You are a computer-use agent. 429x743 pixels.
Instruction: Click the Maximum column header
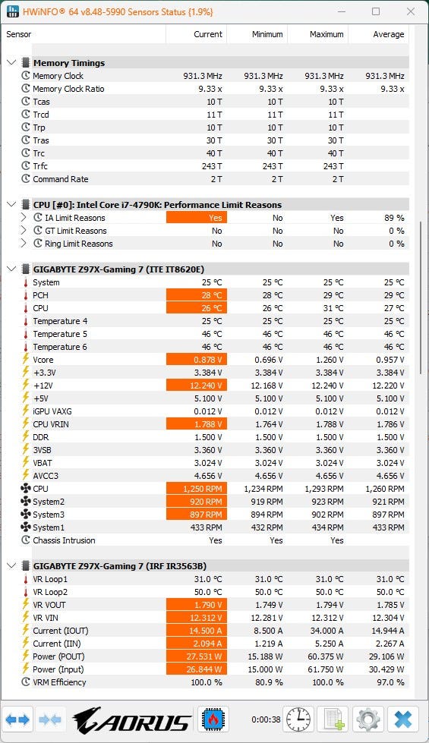coord(326,34)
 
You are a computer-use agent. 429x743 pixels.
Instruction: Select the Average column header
coord(388,34)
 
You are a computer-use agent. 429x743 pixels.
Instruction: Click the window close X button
coord(411,11)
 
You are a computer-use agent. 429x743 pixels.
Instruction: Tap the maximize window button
coord(376,11)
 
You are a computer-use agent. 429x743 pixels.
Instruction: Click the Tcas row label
coord(41,102)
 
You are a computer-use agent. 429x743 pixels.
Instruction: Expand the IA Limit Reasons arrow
coord(24,218)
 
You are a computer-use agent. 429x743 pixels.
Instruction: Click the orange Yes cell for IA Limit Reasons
coord(197,218)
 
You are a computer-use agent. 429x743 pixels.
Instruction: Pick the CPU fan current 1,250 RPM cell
coord(197,489)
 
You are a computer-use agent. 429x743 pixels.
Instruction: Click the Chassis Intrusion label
coord(64,540)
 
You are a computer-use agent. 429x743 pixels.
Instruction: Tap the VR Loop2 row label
coord(50,592)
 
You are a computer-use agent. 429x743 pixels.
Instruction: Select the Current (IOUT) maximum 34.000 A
coord(327,631)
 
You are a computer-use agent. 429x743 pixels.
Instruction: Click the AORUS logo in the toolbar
coord(132,719)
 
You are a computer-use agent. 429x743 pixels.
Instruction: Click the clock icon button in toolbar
coord(298,719)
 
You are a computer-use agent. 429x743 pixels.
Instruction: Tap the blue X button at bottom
coord(403,719)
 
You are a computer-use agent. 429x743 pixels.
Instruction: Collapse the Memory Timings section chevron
coord(12,62)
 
